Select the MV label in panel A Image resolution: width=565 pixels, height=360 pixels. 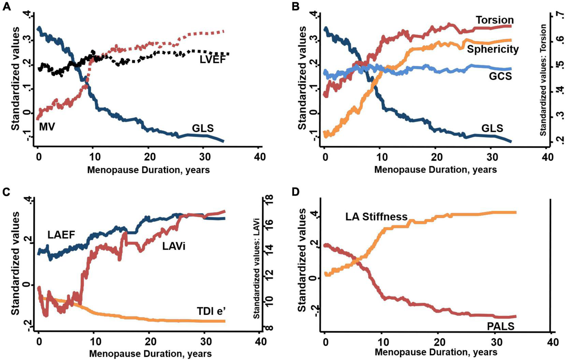tap(47, 126)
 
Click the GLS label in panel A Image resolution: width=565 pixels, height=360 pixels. tap(203, 128)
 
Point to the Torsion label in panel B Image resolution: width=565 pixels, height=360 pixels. tap(495, 20)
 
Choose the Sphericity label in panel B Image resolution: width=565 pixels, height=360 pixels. tap(493, 49)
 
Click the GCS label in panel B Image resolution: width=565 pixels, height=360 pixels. tap(501, 76)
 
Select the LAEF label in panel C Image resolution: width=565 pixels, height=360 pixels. tap(61, 235)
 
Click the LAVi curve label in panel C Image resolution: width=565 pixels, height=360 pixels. tap(174, 246)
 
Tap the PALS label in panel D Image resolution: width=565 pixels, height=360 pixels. tap(501, 326)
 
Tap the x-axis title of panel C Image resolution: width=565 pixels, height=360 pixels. tap(150, 354)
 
